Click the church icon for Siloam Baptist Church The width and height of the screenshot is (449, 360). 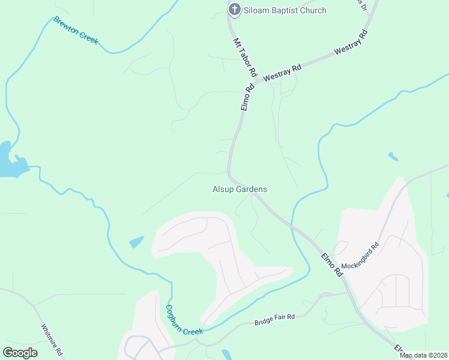click(234, 10)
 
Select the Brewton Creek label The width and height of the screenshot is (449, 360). click(76, 29)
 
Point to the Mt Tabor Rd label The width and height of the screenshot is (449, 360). click(246, 58)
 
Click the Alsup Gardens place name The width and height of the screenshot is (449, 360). click(240, 189)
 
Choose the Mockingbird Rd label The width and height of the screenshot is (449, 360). click(360, 256)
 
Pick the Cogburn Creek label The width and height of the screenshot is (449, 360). click(184, 320)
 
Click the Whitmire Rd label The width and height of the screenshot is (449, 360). click(52, 340)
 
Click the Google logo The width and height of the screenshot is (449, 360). click(20, 353)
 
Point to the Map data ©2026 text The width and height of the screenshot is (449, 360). click(423, 355)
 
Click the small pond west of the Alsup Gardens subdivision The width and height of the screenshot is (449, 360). click(137, 242)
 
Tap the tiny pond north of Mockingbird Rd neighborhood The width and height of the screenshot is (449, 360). click(393, 157)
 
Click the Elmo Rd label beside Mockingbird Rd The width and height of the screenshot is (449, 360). click(331, 264)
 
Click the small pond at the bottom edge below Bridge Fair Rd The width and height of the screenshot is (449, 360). click(226, 355)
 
